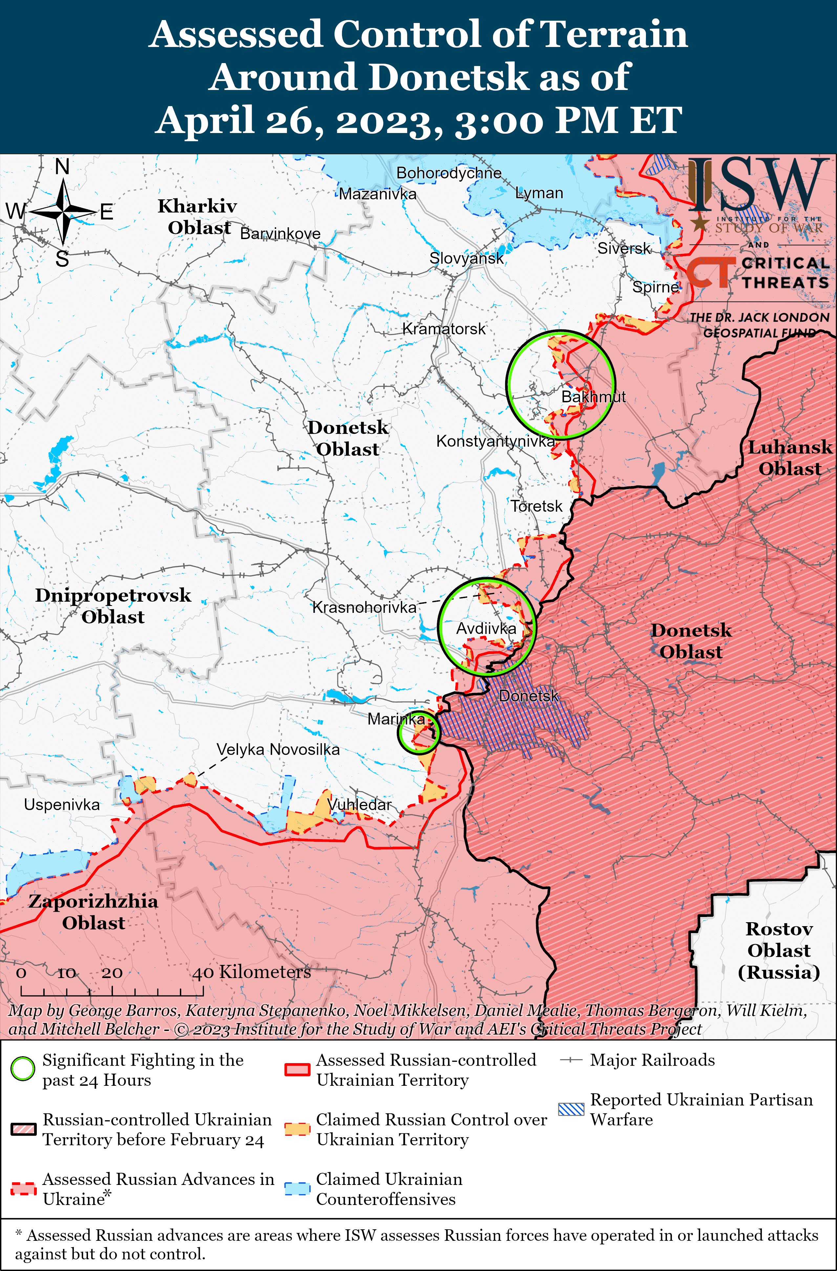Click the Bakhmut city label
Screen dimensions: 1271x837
[593, 397]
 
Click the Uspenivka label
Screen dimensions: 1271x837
[62, 804]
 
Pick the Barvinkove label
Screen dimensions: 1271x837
[280, 234]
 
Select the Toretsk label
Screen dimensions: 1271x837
[536, 506]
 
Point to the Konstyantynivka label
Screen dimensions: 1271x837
[495, 441]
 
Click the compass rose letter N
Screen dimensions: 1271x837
[62, 167]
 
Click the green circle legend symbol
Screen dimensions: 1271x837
[23, 1069]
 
